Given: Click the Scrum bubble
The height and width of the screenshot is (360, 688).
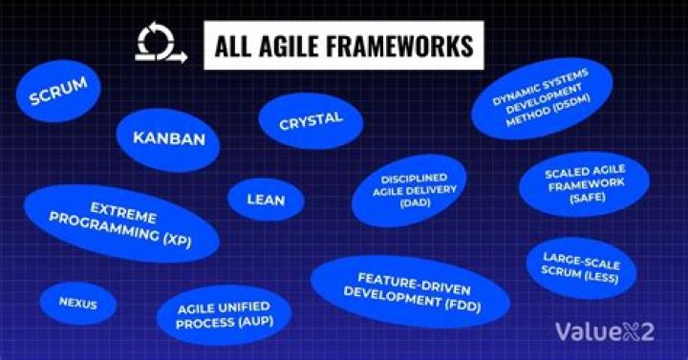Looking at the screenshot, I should click(x=58, y=92).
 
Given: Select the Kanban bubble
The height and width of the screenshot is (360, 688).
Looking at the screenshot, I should click(x=168, y=138).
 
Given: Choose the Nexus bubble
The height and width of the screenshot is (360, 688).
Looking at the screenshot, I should click(x=77, y=305).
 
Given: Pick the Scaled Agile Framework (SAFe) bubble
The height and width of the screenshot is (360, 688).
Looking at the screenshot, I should click(x=584, y=181).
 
